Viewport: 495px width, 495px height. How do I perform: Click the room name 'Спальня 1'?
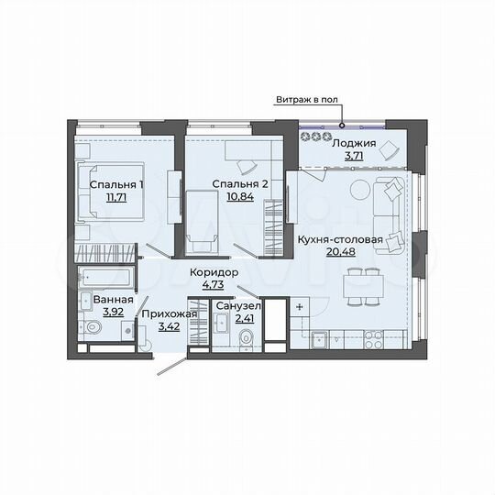coord(115,183)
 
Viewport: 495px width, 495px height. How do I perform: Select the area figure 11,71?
coord(115,197)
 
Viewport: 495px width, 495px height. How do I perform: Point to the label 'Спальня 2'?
coord(240,183)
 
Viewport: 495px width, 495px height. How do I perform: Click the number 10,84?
coord(240,197)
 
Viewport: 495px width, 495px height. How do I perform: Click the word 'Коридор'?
coord(214,272)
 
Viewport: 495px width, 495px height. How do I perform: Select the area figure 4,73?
coord(214,285)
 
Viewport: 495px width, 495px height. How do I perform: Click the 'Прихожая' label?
coord(169,313)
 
